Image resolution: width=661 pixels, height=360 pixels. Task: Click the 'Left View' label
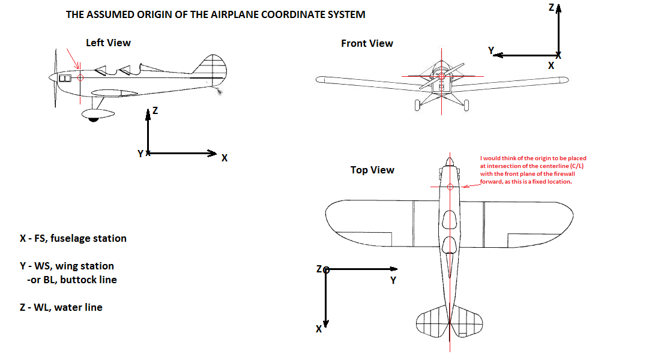tap(108, 43)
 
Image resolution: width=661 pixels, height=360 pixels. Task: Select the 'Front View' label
tap(367, 43)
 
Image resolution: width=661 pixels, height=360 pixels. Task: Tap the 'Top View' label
tap(372, 170)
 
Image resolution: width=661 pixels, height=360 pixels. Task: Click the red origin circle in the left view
tap(81, 77)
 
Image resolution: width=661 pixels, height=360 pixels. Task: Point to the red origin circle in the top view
tap(450, 187)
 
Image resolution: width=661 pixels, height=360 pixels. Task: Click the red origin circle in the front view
tap(442, 76)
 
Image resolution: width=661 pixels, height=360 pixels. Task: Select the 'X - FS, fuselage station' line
tap(73, 238)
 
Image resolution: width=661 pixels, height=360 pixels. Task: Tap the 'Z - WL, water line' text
tap(61, 307)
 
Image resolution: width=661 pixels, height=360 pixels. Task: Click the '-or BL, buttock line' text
tap(72, 280)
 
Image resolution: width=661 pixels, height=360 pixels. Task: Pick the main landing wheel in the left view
tap(93, 119)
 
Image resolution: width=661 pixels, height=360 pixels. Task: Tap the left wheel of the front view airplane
tap(417, 105)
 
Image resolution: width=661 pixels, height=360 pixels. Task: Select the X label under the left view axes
tap(225, 158)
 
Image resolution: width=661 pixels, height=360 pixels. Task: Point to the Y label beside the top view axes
tap(393, 280)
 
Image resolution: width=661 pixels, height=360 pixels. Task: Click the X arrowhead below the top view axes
tap(325, 323)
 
